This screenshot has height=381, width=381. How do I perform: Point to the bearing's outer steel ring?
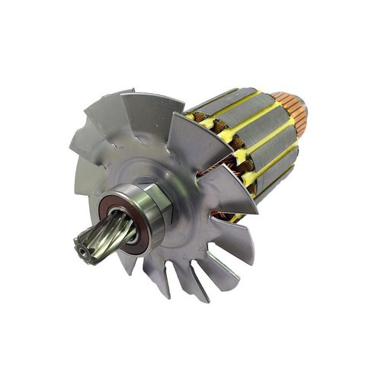point(145,221)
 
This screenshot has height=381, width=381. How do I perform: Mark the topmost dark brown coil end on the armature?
point(200,117)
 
